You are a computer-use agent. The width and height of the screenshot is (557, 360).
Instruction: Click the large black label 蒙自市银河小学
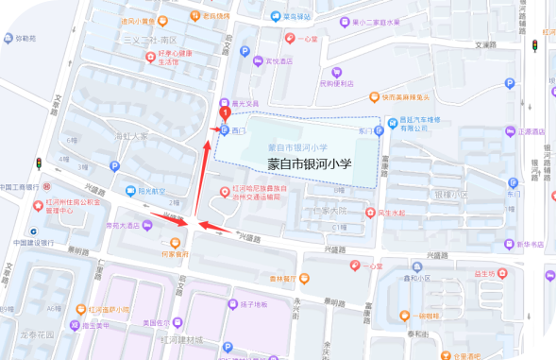click(x=309, y=163)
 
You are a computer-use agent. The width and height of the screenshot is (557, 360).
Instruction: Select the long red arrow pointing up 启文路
click(x=203, y=180)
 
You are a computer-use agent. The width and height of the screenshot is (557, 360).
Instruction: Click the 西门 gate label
click(x=238, y=129)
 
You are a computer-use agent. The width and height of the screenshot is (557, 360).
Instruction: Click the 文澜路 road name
click(x=484, y=44)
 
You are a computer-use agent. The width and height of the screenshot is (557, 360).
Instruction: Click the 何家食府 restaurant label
click(x=175, y=253)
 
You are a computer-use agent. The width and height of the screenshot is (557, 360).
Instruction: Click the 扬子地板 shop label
click(x=254, y=304)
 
